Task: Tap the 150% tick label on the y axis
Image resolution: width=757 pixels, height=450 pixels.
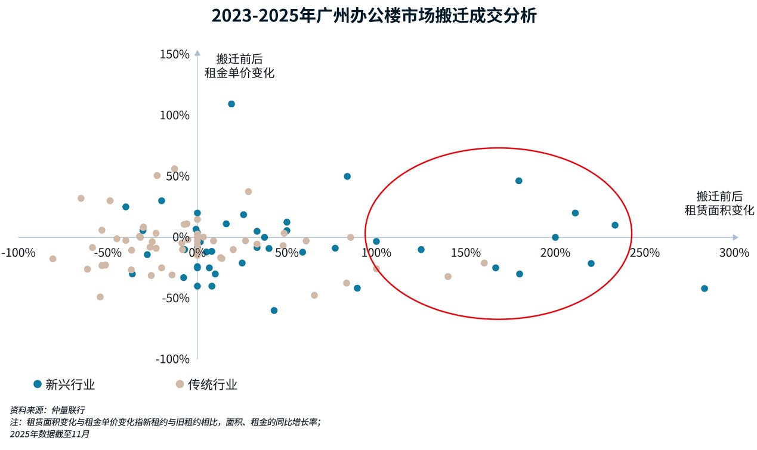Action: (175, 54)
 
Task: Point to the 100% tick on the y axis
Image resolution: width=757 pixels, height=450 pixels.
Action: (175, 115)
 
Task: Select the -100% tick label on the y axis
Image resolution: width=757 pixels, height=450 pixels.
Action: (172, 359)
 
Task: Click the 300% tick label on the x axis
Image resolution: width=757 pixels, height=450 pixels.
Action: (733, 252)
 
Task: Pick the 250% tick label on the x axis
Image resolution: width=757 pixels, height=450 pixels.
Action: (644, 252)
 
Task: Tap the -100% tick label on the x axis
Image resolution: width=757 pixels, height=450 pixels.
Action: (18, 252)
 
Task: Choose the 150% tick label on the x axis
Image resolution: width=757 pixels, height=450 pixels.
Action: (465, 252)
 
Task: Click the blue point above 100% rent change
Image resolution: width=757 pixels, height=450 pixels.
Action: (231, 104)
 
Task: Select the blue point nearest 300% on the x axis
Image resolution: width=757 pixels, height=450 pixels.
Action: (705, 288)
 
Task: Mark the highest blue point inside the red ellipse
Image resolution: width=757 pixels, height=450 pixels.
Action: (519, 181)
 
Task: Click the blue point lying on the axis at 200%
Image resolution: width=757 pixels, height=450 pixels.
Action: (555, 237)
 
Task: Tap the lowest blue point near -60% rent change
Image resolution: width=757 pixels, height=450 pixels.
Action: (274, 311)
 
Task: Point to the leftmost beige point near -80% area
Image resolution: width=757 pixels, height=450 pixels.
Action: (52, 259)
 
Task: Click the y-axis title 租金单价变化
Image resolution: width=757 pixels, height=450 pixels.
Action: (239, 73)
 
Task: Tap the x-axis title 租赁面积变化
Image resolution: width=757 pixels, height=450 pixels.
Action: (719, 210)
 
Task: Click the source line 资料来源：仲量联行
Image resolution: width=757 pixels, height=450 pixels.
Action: (48, 410)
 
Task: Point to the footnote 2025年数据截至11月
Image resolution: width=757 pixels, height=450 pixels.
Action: (50, 434)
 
